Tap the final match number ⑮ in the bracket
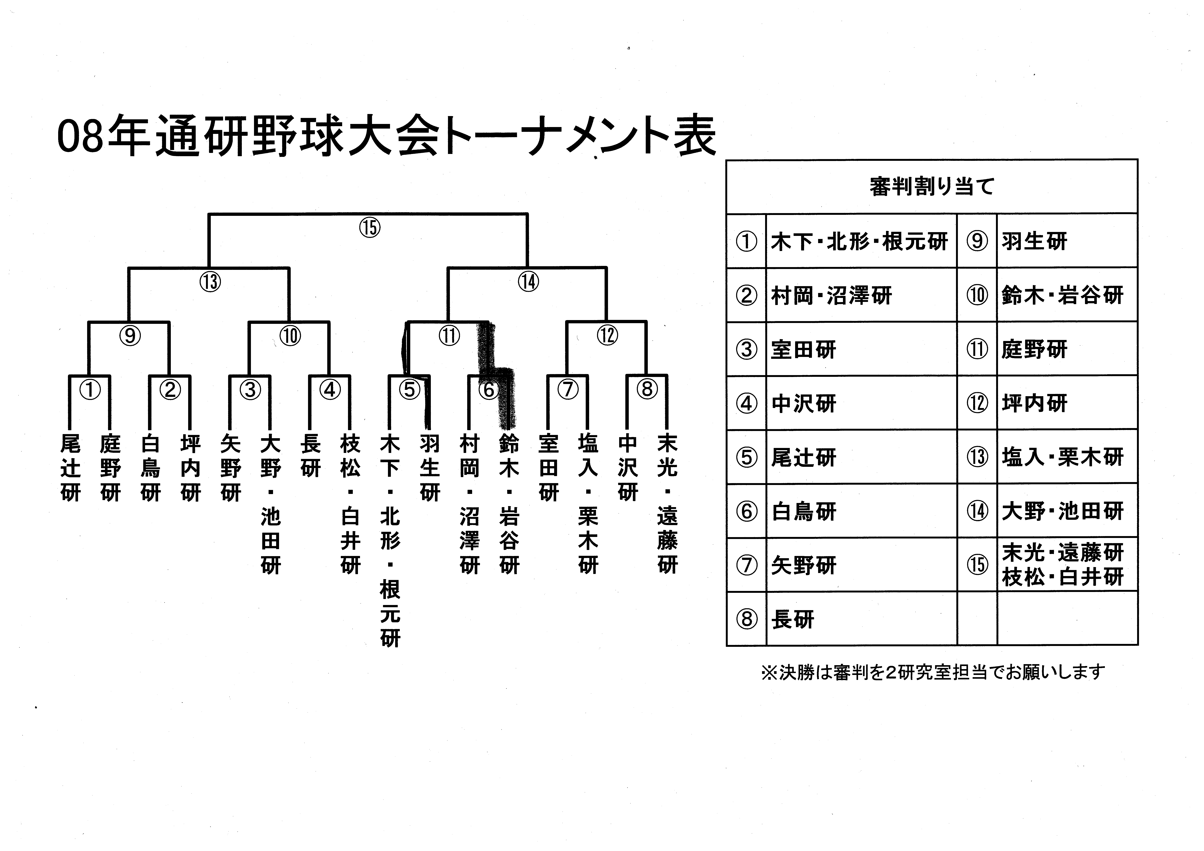pyautogui.click(x=370, y=228)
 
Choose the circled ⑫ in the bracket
pyautogui.click(x=607, y=335)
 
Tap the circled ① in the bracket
pyautogui.click(x=90, y=390)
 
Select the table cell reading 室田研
pyautogui.click(x=803, y=350)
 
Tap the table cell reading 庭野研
pyautogui.click(x=1034, y=350)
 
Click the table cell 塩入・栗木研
pyautogui.click(x=1062, y=457)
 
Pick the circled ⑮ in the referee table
pyautogui.click(x=977, y=565)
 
